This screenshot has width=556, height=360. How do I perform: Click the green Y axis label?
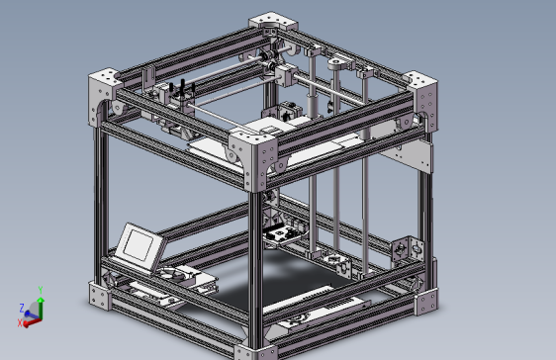click(40, 290)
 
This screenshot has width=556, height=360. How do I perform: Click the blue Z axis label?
click(22, 308)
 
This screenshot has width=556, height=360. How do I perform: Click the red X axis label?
click(21, 323)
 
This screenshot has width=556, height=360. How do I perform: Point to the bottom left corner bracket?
click(101, 294)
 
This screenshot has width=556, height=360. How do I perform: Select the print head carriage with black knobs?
click(181, 97)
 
